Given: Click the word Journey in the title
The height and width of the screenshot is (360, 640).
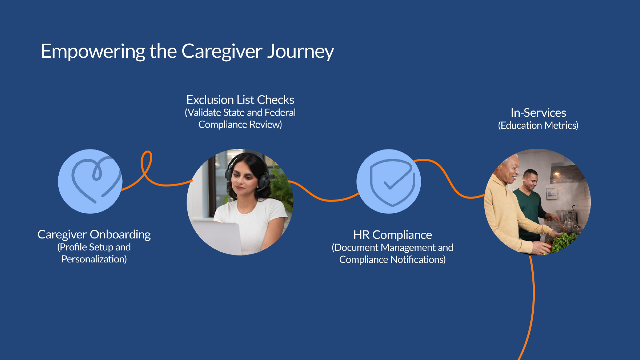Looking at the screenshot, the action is point(300,52).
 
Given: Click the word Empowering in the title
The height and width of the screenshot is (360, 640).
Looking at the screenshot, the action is point(93,52).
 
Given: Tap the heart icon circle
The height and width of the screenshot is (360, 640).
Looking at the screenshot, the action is point(90,181).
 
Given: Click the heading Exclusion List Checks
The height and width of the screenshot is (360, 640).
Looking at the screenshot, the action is point(240,100).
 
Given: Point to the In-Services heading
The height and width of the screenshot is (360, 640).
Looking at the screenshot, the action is point(538,113).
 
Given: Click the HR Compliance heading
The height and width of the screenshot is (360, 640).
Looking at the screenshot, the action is point(392,235).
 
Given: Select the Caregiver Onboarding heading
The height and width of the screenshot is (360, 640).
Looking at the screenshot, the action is point(94,234).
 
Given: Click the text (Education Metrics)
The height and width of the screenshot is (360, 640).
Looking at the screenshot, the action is point(538,125).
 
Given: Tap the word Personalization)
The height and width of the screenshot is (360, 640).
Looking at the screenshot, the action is point(94,259).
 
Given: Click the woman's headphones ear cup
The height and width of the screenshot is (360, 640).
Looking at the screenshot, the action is point(264,182).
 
